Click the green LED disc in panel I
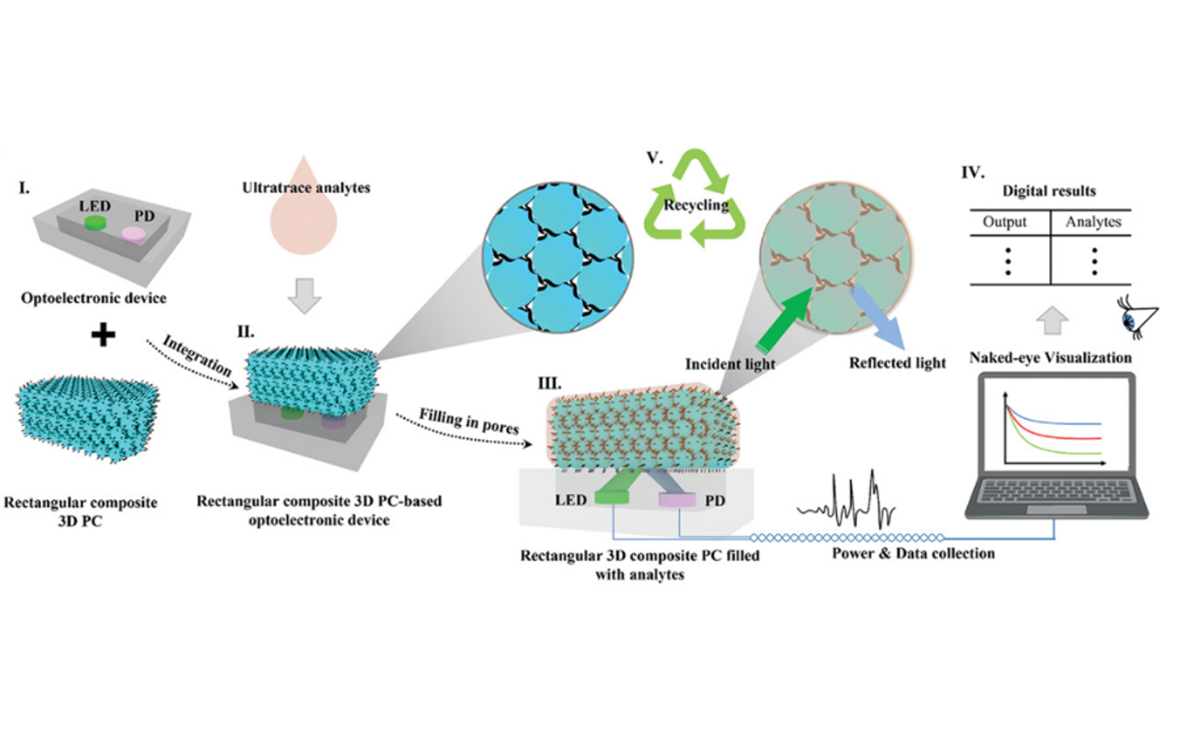click(95, 223)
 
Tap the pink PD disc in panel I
click(133, 234)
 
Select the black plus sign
click(103, 336)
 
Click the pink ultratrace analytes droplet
click(303, 221)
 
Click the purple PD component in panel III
click(677, 499)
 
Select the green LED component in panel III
click(611, 497)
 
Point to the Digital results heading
click(1049, 191)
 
